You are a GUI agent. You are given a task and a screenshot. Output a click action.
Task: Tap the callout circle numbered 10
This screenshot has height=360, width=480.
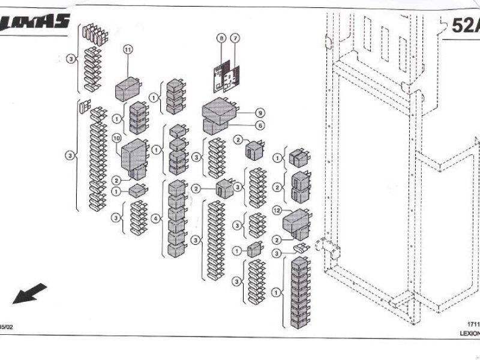pyautogui.click(x=117, y=139)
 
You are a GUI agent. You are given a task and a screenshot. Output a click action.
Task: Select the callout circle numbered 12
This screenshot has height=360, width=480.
pyautogui.click(x=277, y=211)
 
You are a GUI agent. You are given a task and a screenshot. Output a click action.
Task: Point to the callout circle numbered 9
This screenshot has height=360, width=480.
pyautogui.click(x=260, y=112)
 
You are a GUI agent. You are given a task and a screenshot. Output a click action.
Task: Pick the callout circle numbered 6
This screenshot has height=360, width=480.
pyautogui.click(x=260, y=125)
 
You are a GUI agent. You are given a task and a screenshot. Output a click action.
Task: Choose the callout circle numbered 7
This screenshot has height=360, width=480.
pyautogui.click(x=235, y=38)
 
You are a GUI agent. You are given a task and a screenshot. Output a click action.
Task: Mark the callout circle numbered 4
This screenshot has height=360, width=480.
pyautogui.click(x=157, y=219)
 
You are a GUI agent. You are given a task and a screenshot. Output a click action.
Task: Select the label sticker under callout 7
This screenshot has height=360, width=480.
pyautogui.click(x=232, y=77)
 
